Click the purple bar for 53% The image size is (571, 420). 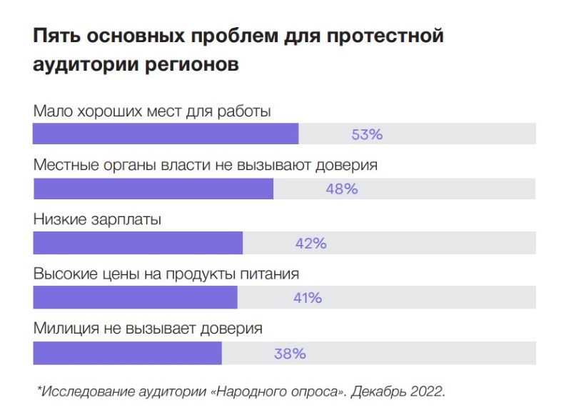click(166, 134)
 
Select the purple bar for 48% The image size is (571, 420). click(153, 189)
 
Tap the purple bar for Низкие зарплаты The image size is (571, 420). click(138, 243)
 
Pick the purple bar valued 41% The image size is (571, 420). click(135, 298)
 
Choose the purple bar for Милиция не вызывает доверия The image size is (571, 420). click(127, 353)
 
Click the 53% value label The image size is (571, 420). click(367, 134)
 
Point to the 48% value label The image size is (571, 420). click(341, 189)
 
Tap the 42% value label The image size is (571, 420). click(310, 244)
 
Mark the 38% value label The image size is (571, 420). click(290, 354)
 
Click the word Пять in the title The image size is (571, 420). click(56, 36)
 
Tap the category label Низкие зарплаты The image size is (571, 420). click(97, 220)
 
